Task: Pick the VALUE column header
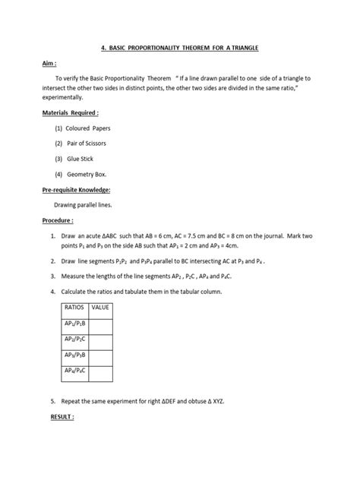100,308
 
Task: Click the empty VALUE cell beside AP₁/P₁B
101,326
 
